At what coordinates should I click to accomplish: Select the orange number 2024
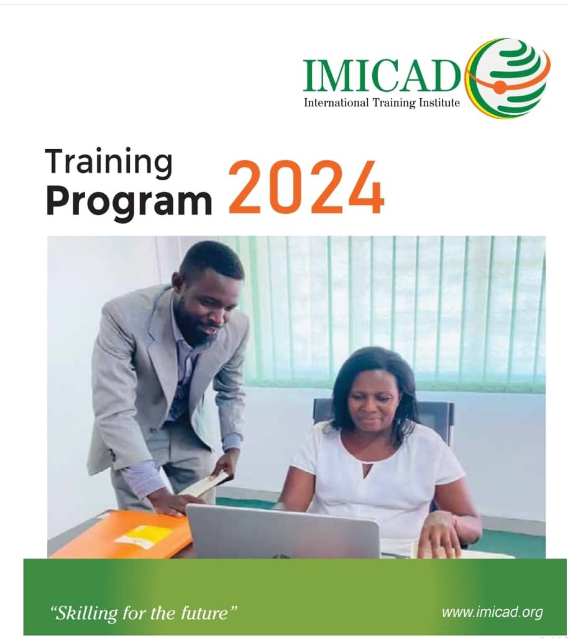tap(306, 188)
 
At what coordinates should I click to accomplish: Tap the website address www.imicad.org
tap(492, 612)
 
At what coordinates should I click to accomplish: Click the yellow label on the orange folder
tap(144, 535)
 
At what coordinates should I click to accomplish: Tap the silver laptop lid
tap(283, 531)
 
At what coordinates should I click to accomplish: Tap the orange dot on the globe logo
tap(499, 88)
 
